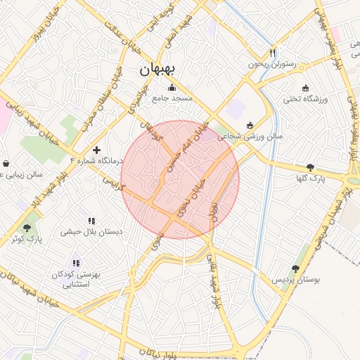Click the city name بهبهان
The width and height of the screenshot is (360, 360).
pyautogui.click(x=160, y=69)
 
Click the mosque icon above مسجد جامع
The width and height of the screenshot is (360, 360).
pyautogui.click(x=173, y=88)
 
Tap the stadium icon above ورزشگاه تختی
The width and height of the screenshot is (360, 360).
pyautogui.click(x=304, y=88)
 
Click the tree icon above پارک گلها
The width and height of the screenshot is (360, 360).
pyautogui.click(x=310, y=167)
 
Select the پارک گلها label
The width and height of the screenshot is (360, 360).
pyautogui.click(x=310, y=179)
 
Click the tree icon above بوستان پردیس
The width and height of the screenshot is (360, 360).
pyautogui.click(x=295, y=268)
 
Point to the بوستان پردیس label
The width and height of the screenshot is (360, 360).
pyautogui.click(x=296, y=279)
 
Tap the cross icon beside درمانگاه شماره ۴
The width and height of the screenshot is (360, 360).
pyautogui.click(x=96, y=150)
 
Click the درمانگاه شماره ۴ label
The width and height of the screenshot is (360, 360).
pyautogui.click(x=96, y=160)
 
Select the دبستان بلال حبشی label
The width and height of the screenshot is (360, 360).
pyautogui.click(x=91, y=231)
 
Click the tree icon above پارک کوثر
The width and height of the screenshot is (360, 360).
pyautogui.click(x=27, y=228)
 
